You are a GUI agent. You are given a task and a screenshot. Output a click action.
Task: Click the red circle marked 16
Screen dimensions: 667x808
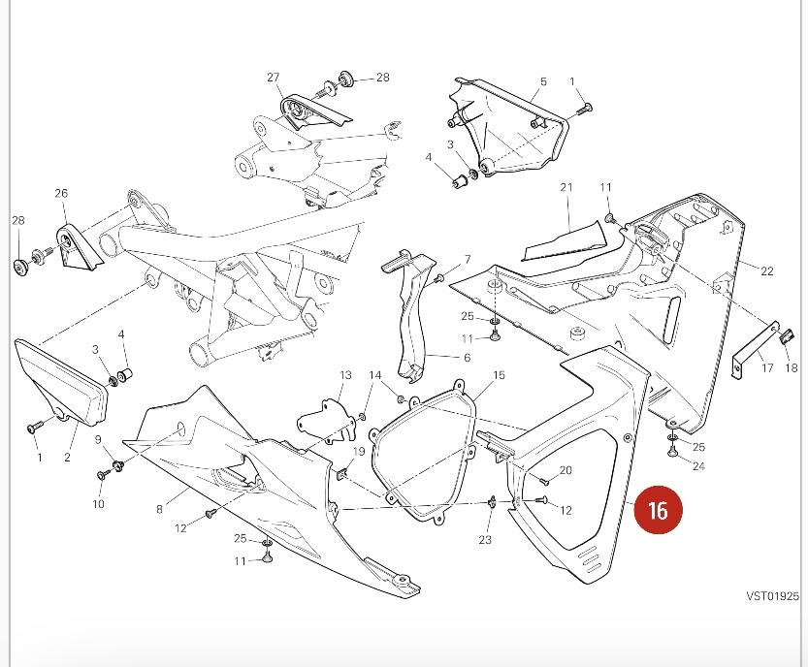pos(658,511)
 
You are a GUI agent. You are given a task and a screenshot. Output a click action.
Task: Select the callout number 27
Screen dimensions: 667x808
pos(273,78)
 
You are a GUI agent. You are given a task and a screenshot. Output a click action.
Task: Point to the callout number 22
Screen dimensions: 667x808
pos(766,271)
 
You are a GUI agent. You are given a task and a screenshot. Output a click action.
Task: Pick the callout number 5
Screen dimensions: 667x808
pos(543,82)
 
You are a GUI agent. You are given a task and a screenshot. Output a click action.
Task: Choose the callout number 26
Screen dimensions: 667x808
pos(61,194)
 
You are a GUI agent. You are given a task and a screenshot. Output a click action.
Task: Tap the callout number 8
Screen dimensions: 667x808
pos(159,507)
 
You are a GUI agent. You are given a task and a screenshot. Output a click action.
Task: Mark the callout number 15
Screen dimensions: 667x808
pos(499,375)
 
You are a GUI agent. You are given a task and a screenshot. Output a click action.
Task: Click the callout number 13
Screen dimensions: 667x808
pos(345,375)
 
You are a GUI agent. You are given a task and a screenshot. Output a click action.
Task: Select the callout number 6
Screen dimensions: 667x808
pos(467,358)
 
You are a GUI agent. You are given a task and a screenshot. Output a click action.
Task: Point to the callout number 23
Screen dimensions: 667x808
pos(485,540)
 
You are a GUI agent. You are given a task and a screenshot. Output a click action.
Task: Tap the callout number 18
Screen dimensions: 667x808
pos(791,368)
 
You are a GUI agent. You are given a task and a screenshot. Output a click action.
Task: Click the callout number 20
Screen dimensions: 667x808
pos(566,470)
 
